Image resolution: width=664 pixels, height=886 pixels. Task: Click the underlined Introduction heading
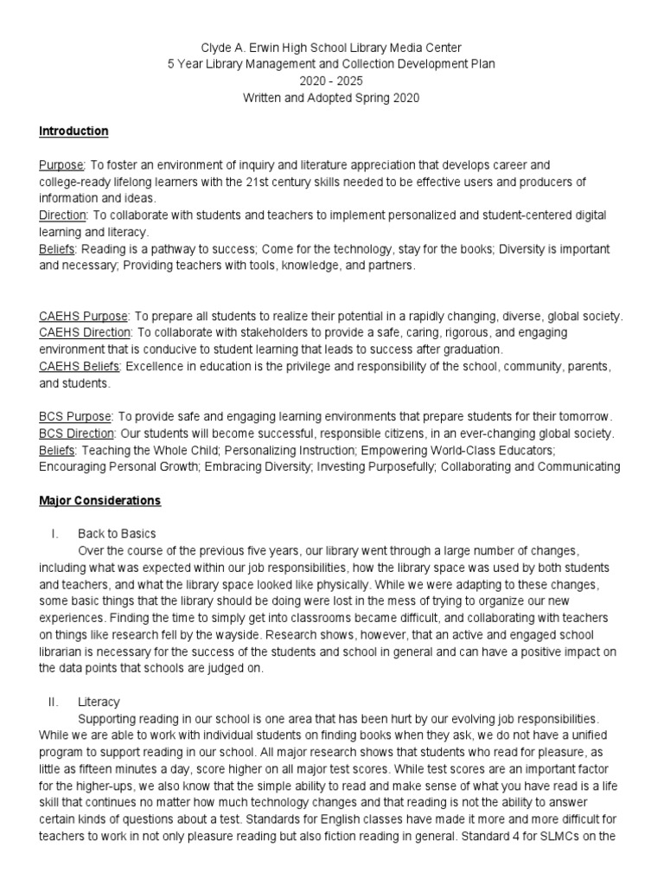tap(73, 132)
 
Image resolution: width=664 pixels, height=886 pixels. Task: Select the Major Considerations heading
tap(99, 501)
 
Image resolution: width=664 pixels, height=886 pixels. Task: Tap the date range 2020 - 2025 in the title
tap(332, 81)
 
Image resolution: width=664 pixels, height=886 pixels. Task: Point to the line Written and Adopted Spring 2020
tap(332, 99)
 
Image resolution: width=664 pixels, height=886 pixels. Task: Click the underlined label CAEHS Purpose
tap(83, 317)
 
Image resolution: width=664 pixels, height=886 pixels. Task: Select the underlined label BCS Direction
tap(76, 433)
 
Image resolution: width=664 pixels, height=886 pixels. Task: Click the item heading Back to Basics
tap(117, 534)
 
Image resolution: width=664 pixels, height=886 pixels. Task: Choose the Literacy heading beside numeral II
tap(98, 702)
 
